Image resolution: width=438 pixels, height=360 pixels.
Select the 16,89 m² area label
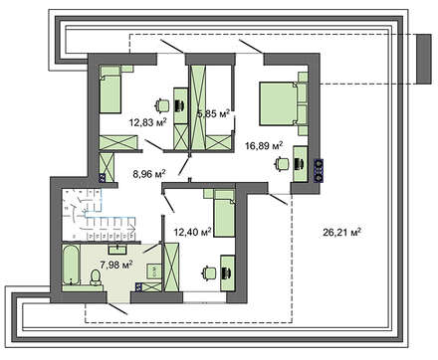tap(264, 145)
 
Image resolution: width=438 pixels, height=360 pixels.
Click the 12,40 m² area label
tap(192, 232)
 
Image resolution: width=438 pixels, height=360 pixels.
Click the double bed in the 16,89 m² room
tap(284, 99)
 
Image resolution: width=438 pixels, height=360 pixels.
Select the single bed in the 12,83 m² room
tap(109, 89)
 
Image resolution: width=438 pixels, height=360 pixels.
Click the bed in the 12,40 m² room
tap(220, 212)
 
